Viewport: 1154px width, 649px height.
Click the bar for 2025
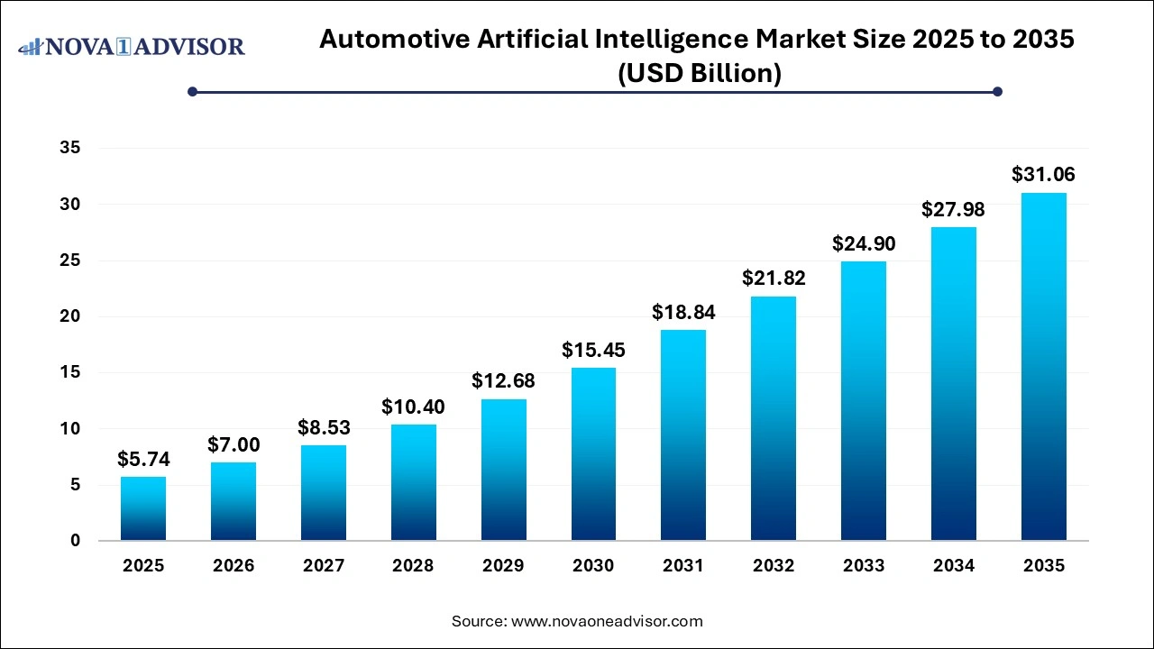coord(143,509)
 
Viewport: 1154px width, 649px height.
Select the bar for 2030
coord(593,454)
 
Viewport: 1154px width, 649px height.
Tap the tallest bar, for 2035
coord(1044,367)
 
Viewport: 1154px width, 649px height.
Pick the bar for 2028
coord(413,482)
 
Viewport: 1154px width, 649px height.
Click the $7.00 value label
coord(234,444)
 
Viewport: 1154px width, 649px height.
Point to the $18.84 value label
coord(683,312)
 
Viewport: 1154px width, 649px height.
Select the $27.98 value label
coord(954,210)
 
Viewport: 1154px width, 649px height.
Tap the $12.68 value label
coord(503,381)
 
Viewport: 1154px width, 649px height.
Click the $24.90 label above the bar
coord(864,244)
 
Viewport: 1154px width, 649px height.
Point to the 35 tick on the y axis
coord(69,149)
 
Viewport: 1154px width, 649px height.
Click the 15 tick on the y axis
coord(69,372)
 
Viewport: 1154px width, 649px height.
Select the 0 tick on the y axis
coord(75,541)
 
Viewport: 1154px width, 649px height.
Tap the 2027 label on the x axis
coord(324,566)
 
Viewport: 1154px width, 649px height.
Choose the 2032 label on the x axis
coord(774,566)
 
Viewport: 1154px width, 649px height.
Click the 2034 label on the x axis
coord(954,566)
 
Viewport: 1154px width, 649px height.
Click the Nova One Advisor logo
coord(132,46)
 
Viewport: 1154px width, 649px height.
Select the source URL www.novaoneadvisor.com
coord(607,621)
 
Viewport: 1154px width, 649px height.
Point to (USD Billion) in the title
coord(699,73)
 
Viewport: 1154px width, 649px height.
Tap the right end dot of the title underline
coord(997,91)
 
